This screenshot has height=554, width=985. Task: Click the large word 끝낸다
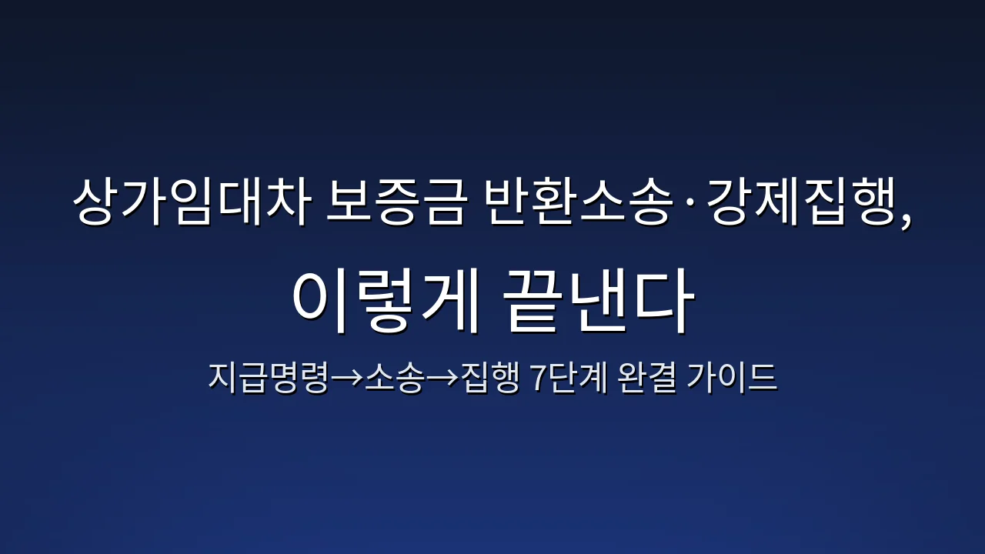[x=597, y=302]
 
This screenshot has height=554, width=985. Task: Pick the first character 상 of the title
[x=97, y=203]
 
